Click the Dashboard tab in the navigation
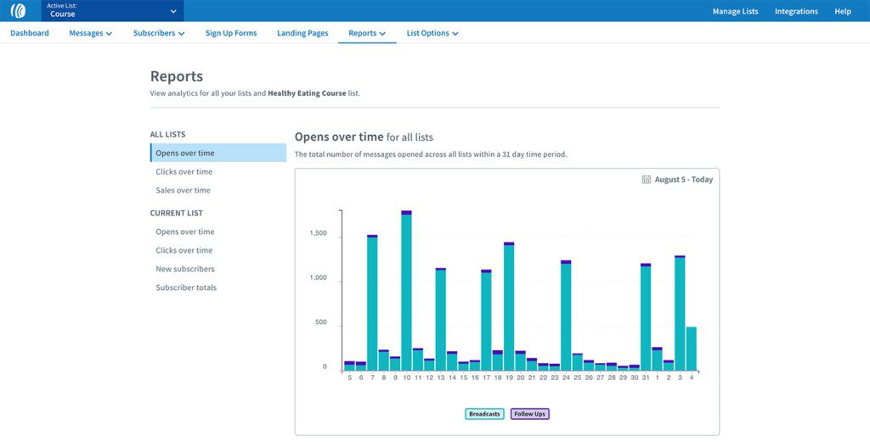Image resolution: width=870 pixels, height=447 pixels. pyautogui.click(x=30, y=33)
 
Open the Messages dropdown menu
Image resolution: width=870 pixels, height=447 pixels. pyautogui.click(x=90, y=33)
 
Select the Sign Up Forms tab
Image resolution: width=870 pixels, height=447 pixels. pyautogui.click(x=231, y=33)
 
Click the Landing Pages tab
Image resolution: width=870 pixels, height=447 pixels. pyautogui.click(x=302, y=33)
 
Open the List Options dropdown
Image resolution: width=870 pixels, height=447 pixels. pyautogui.click(x=432, y=33)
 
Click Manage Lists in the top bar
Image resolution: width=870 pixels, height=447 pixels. pyautogui.click(x=735, y=11)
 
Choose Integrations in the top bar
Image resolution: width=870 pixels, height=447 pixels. pyautogui.click(x=796, y=11)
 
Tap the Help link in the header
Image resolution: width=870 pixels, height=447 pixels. pyautogui.click(x=843, y=11)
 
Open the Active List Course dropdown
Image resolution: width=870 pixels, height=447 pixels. pyautogui.click(x=112, y=11)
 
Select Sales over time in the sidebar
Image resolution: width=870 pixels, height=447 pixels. pyautogui.click(x=183, y=191)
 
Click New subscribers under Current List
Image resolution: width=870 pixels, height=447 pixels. pyautogui.click(x=185, y=269)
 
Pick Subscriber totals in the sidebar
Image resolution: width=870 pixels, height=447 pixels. pyautogui.click(x=186, y=288)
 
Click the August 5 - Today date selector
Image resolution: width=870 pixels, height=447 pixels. pyautogui.click(x=677, y=180)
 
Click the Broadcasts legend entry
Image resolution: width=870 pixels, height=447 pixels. pyautogui.click(x=484, y=414)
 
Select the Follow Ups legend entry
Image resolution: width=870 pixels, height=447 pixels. pyautogui.click(x=529, y=414)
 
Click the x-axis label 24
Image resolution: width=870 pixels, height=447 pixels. pyautogui.click(x=566, y=377)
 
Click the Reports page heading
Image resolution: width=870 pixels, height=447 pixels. pyautogui.click(x=177, y=76)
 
